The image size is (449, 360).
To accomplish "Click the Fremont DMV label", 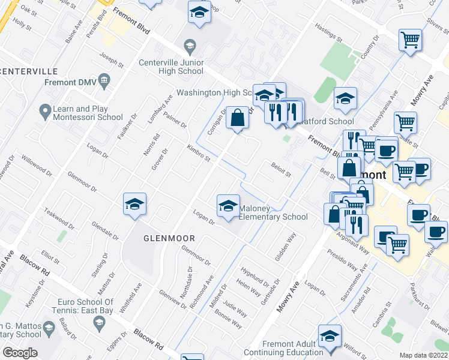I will click(x=68, y=82).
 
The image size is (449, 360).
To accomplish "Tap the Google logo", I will click(x=20, y=353).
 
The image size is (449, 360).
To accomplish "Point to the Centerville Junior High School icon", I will click(x=190, y=46).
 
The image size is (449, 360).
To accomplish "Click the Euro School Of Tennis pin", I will click(x=100, y=323).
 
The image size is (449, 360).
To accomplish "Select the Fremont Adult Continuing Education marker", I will click(x=330, y=338).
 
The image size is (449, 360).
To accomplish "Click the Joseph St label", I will click(x=112, y=60).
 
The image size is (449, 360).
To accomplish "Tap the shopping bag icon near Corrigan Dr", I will click(x=237, y=118).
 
